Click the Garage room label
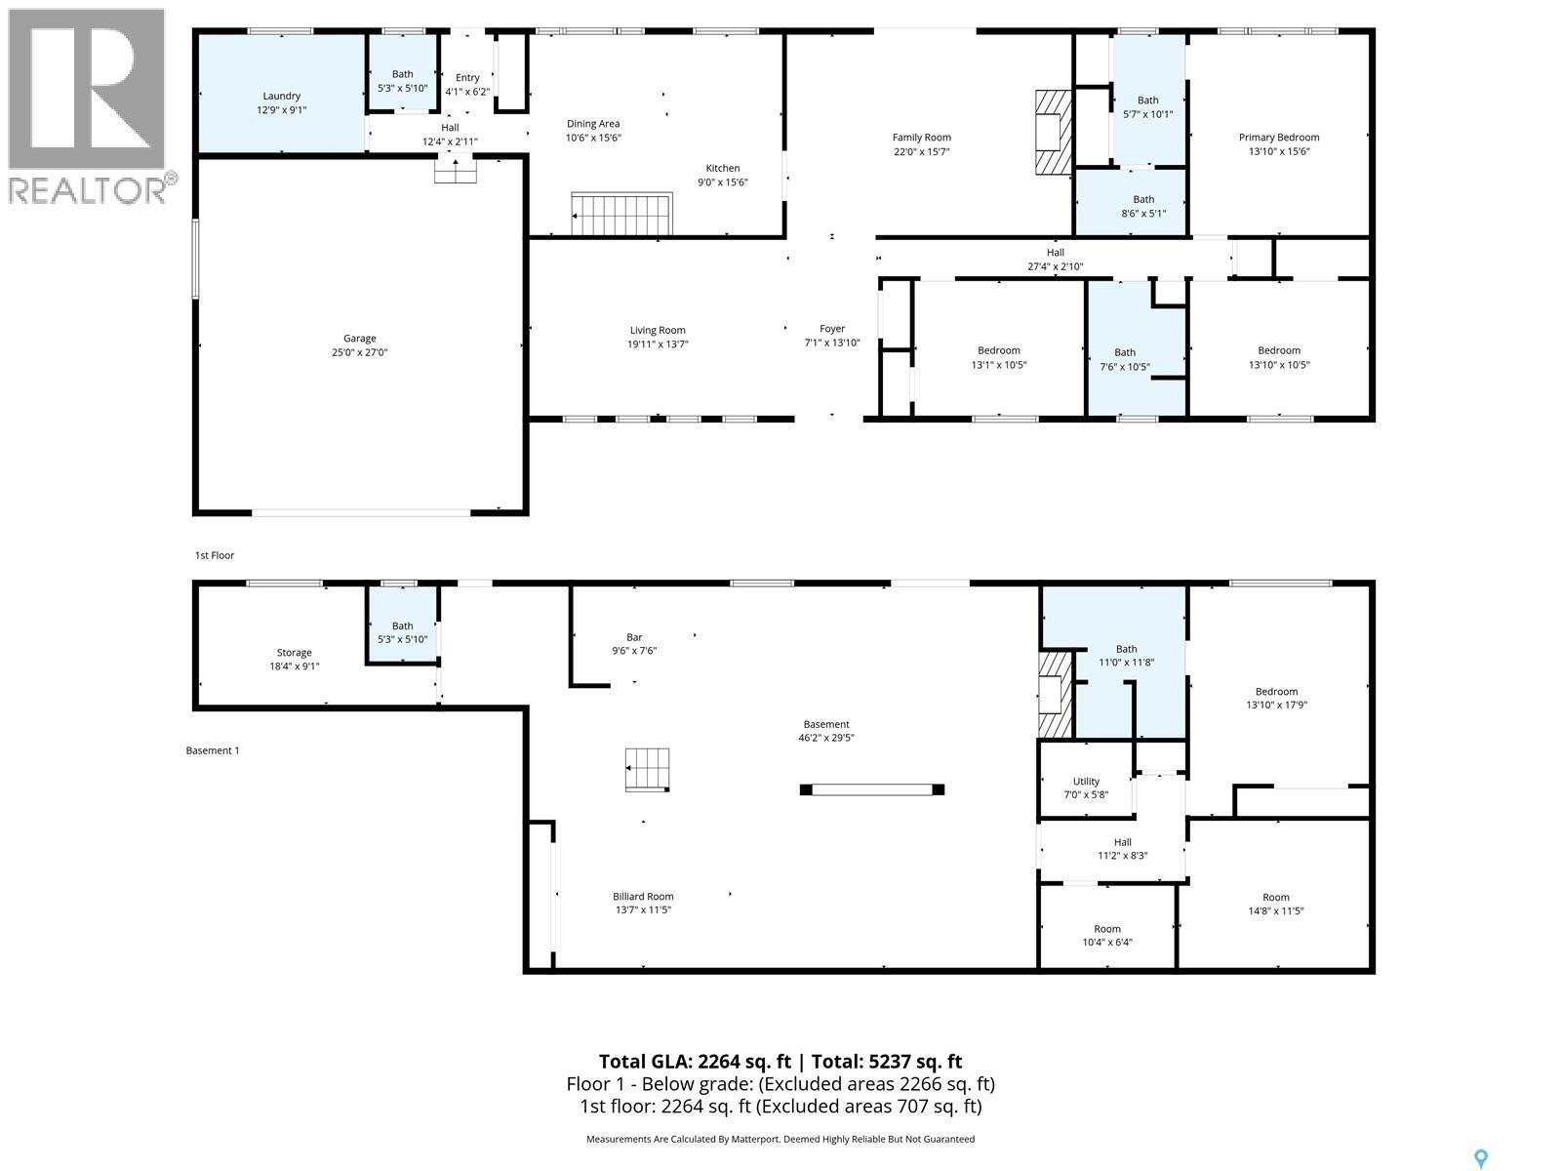359,345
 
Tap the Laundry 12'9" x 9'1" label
281,103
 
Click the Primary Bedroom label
1278,144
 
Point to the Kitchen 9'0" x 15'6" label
722,175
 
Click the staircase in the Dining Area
622,215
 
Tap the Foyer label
831,336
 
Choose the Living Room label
658,337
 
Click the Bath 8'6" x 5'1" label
1142,206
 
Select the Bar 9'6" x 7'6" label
634,644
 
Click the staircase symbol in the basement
648,769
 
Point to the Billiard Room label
643,903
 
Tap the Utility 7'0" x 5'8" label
1086,787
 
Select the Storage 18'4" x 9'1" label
294,660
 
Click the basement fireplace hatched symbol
1054,694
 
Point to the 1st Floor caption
215,555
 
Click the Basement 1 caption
212,750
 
